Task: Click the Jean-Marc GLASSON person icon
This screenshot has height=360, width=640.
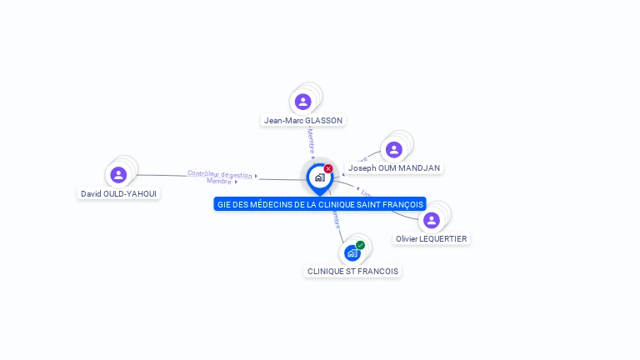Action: pyautogui.click(x=303, y=102)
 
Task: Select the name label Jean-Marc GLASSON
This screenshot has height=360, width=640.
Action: pyautogui.click(x=303, y=120)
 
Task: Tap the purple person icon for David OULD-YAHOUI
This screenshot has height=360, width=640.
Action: pyautogui.click(x=118, y=175)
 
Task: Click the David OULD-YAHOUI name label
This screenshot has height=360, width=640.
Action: pyautogui.click(x=118, y=193)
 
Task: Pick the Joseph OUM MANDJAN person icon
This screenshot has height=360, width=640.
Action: pyautogui.click(x=394, y=150)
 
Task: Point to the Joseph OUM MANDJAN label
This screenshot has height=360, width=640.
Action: pyautogui.click(x=394, y=167)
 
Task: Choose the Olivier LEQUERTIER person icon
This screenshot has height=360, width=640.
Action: pyautogui.click(x=431, y=221)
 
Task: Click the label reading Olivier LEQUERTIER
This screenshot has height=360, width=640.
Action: pyautogui.click(x=432, y=238)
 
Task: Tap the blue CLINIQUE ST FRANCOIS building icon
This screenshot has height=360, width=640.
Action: pyautogui.click(x=352, y=252)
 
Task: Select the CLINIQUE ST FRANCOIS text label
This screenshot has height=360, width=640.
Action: pyautogui.click(x=352, y=271)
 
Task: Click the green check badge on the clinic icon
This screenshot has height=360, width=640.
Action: pyautogui.click(x=360, y=245)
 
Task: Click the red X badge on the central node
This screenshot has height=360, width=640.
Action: pyautogui.click(x=328, y=168)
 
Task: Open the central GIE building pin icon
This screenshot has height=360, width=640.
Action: pyautogui.click(x=319, y=177)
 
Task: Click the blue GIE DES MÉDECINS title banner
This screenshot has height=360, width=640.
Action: pyautogui.click(x=320, y=204)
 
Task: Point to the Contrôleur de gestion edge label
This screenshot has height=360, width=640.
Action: pyautogui.click(x=219, y=174)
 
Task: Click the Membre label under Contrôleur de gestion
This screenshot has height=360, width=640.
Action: pyautogui.click(x=218, y=181)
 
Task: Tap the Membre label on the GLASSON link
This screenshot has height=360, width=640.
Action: pyautogui.click(x=311, y=139)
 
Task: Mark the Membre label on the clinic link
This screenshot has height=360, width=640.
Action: pyautogui.click(x=336, y=218)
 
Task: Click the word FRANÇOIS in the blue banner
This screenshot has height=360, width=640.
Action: pyautogui.click(x=403, y=204)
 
